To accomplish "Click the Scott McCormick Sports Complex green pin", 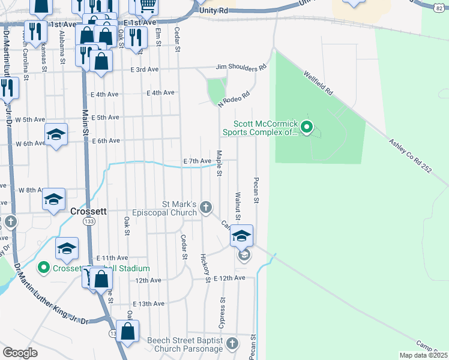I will tap(307, 127).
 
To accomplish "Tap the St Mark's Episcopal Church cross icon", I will tap(206, 208).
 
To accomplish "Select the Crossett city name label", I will tap(88, 211).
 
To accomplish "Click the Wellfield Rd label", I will tap(318, 83).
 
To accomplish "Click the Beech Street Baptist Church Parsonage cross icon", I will tap(232, 344).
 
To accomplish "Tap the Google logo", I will tap(20, 353).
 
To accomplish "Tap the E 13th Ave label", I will tap(149, 304).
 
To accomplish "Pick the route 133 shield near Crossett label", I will tap(89, 222).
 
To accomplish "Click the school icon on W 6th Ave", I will tap(56, 135).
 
